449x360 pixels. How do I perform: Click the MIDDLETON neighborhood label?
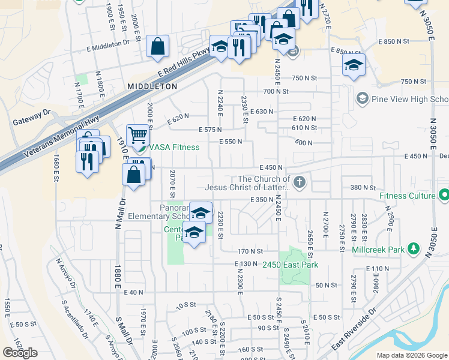tap(152, 86)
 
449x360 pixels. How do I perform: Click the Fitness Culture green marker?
tap(444, 196)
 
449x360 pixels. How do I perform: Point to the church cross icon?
tap(299, 182)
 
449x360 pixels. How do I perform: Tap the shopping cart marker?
tap(137, 136)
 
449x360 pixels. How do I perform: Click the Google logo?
tap(20, 353)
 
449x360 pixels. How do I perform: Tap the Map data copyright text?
tap(412, 355)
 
